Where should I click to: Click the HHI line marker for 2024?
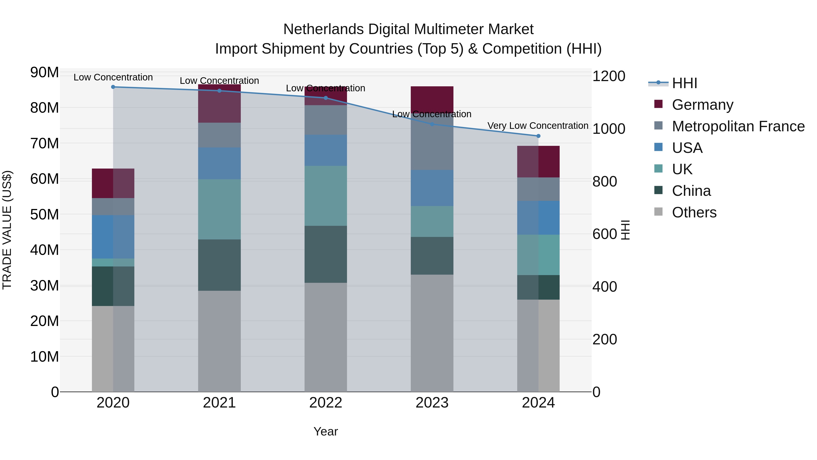click(538, 136)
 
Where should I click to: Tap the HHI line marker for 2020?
click(113, 87)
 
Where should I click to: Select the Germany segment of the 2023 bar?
click(432, 98)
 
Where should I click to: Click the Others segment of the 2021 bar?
click(219, 341)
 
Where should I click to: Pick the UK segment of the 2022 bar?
click(326, 196)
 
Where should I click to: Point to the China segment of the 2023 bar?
click(432, 256)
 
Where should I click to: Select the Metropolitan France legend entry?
click(738, 126)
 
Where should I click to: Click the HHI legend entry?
click(684, 83)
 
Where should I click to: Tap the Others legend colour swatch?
click(658, 212)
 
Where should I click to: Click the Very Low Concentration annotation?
click(538, 126)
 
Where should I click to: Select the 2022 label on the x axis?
click(326, 403)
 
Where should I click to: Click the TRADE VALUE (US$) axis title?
click(7, 230)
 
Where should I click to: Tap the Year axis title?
click(326, 431)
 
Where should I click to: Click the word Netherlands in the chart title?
click(323, 29)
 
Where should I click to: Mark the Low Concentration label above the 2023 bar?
click(432, 114)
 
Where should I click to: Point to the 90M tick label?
click(44, 72)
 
